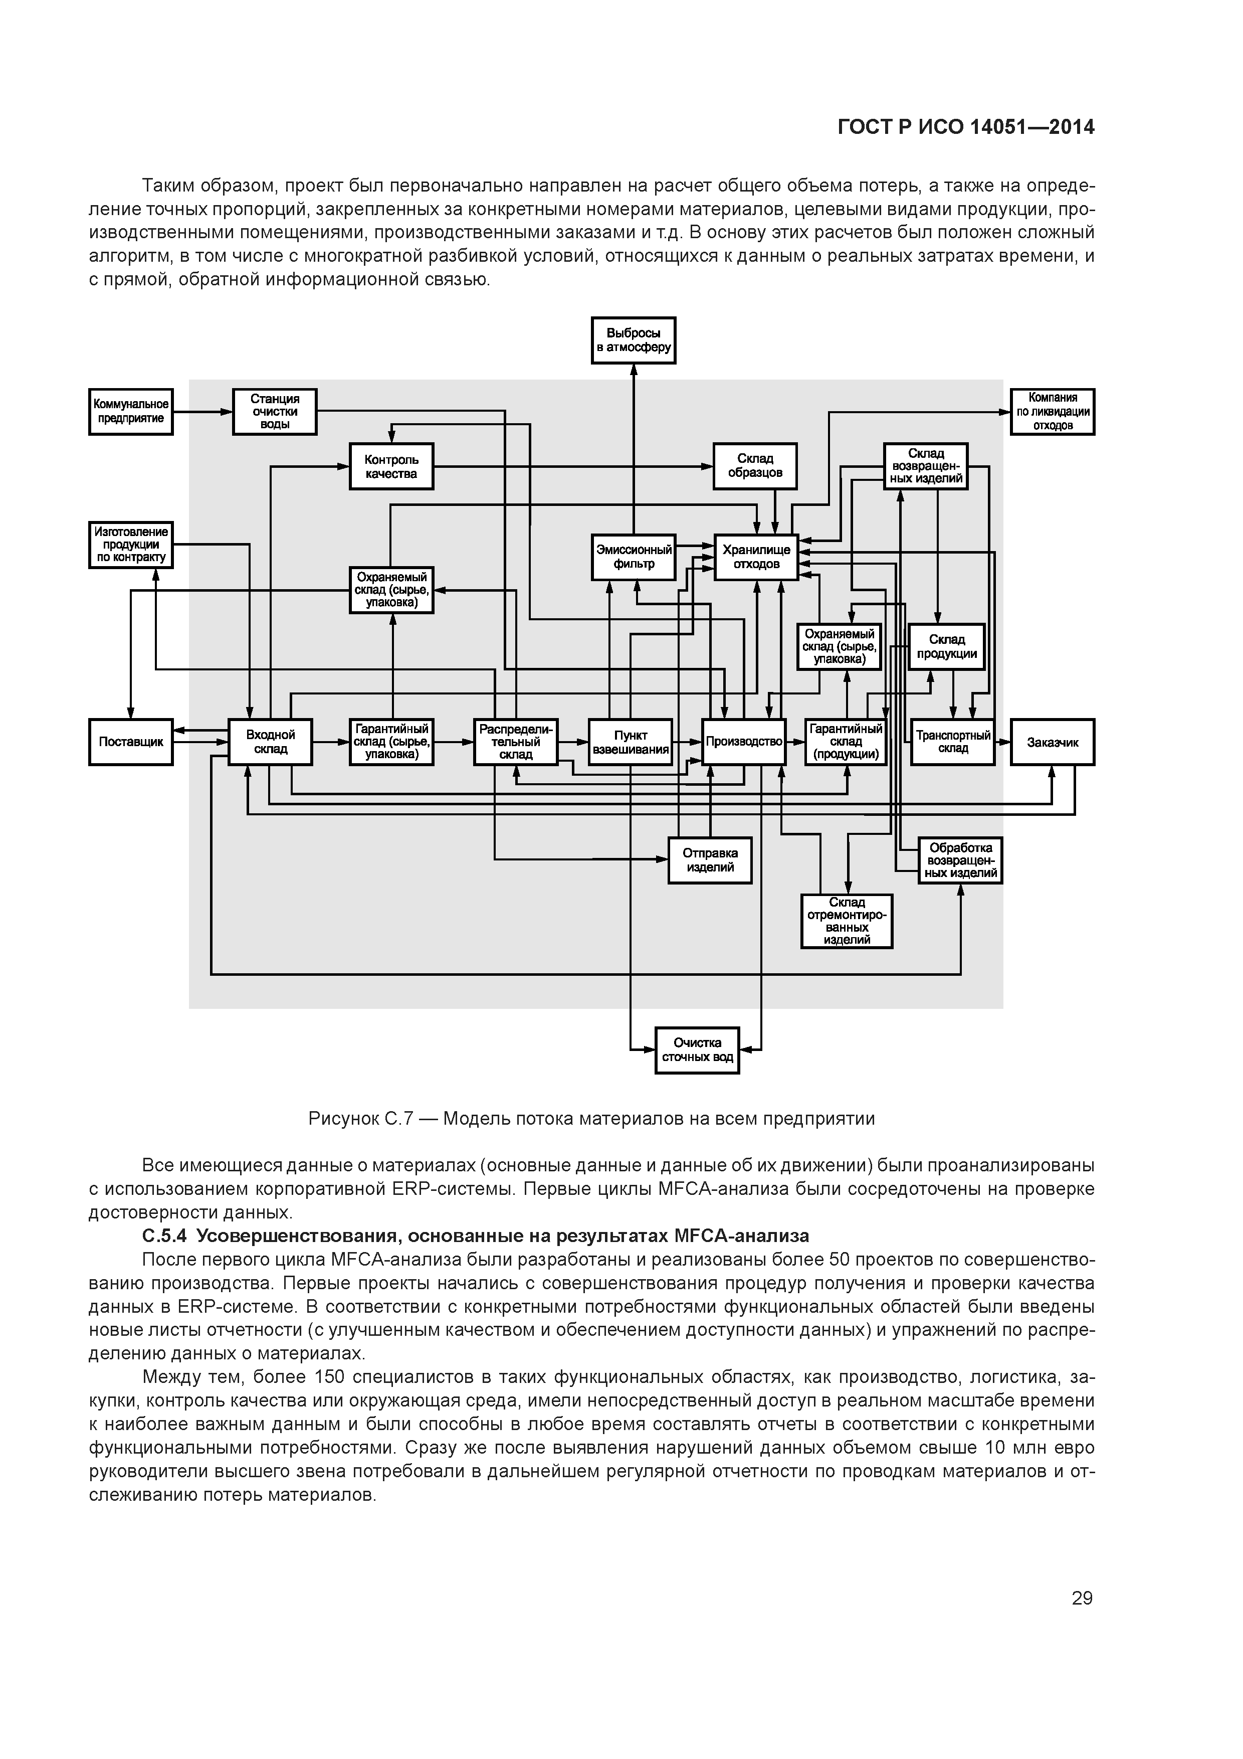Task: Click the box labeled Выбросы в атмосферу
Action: click(634, 340)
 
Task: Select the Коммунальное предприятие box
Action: click(131, 411)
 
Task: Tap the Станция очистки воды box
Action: click(274, 411)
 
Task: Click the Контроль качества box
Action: click(391, 466)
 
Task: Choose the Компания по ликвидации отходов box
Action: click(1053, 411)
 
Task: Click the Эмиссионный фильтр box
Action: click(634, 557)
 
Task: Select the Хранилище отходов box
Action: click(756, 557)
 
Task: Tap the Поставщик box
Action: click(131, 742)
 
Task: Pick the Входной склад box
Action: click(270, 742)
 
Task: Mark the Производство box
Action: click(744, 742)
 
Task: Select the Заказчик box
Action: click(1053, 742)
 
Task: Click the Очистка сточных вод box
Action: click(697, 1049)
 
